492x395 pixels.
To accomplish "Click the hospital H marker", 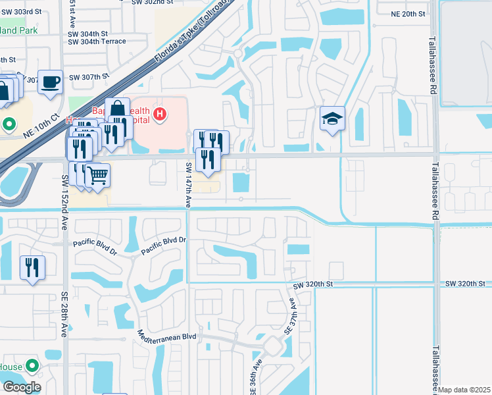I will tap(159, 115).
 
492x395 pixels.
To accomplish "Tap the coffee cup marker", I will tap(51, 83).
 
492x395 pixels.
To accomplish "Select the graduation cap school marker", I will tap(332, 119).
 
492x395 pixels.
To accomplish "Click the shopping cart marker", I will tap(97, 176).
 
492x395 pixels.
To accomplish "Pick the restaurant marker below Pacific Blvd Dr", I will tap(32, 268).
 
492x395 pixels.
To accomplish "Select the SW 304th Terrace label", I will tap(97, 41).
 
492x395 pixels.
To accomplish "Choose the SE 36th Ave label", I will tap(253, 379).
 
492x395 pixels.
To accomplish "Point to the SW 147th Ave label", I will tap(187, 185).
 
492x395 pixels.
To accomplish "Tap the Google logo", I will tap(21, 387).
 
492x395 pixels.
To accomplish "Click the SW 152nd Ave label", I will tap(65, 191).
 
